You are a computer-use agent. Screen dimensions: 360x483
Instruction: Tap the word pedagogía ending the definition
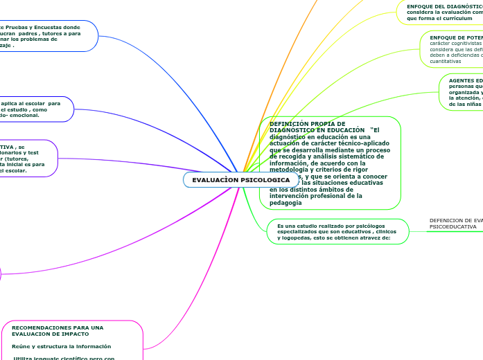(x=286, y=203)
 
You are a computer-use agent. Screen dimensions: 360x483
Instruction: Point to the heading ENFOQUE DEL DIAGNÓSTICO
(x=444, y=6)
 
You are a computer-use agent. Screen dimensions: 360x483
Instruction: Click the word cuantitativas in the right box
(x=445, y=61)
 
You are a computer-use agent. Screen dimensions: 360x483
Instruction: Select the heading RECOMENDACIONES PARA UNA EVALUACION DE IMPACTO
(x=58, y=330)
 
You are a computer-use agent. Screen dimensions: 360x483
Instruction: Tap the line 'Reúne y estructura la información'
(x=61, y=346)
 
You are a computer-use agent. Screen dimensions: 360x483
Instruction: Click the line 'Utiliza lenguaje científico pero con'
(x=64, y=358)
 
